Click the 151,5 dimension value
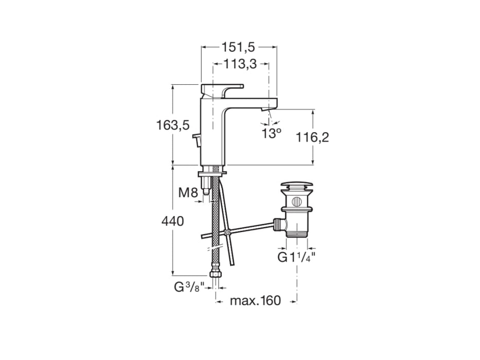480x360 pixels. [x=238, y=47]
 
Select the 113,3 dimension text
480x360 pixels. [x=240, y=65]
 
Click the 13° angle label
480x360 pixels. [x=271, y=134]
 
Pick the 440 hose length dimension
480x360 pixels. [x=172, y=222]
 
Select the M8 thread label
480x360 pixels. [x=188, y=193]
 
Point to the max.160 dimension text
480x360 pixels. [x=255, y=301]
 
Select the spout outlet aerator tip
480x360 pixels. [x=267, y=110]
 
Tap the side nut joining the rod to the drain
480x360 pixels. [x=278, y=225]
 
